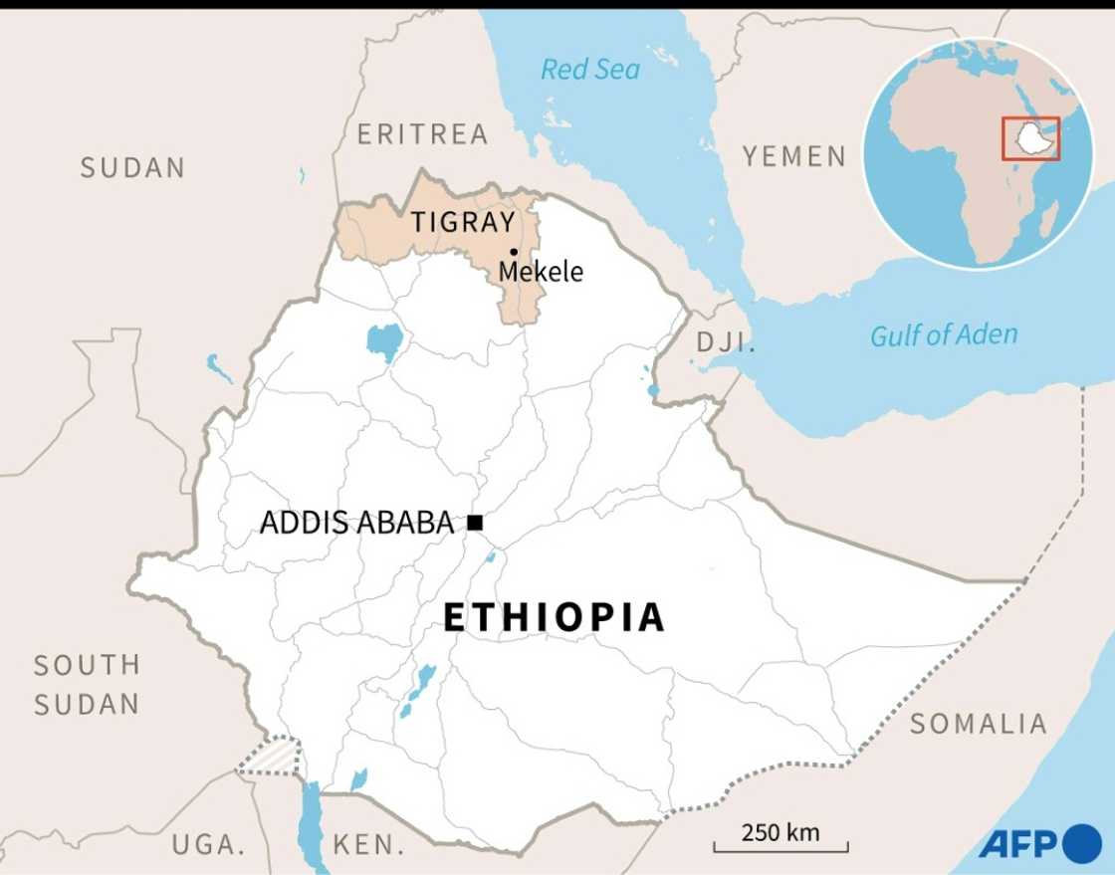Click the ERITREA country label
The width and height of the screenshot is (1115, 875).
tap(422, 133)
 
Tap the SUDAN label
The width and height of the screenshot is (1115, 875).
tap(132, 167)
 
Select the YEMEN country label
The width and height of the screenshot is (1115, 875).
tap(794, 156)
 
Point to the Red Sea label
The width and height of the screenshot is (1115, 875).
tap(590, 70)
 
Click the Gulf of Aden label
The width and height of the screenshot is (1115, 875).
tap(944, 335)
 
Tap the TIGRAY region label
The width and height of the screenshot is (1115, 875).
tap(463, 222)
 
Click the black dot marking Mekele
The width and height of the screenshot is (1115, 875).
tap(514, 252)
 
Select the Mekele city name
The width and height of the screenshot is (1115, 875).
tap(541, 271)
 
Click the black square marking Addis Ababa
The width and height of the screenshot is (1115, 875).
tap(475, 522)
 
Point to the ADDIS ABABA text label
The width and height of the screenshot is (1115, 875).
tap(356, 523)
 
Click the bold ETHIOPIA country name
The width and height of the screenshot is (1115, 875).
tap(554, 617)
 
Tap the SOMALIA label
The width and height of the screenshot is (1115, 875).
tap(978, 724)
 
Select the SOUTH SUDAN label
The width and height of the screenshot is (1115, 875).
tap(87, 685)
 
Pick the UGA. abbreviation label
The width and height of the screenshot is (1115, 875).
tap(208, 845)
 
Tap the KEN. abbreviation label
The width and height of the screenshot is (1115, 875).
tap(368, 845)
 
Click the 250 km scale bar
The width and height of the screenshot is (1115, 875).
tap(780, 841)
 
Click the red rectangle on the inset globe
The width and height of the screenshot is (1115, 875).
tap(1030, 138)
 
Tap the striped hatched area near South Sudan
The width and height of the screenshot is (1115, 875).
tap(270, 757)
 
